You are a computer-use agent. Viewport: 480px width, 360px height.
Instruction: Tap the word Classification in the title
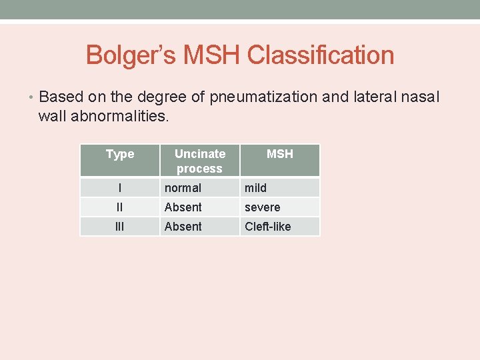tap(320, 55)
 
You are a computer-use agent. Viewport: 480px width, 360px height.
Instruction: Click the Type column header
tap(120, 154)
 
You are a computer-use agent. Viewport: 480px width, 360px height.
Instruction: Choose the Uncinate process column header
tap(199, 161)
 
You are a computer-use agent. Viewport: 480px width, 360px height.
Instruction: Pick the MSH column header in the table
tap(279, 154)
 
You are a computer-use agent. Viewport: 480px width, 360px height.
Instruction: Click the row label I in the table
tap(120, 188)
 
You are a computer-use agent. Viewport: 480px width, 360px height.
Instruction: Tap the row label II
tap(120, 207)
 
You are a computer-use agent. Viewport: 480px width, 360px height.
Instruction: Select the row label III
tap(120, 227)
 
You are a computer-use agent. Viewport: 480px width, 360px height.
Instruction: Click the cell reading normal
tap(183, 188)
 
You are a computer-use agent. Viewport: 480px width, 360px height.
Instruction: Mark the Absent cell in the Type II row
tap(183, 207)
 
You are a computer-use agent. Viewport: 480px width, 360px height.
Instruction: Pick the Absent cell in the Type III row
tap(183, 227)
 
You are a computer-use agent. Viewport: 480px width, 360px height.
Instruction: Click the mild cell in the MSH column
tap(255, 188)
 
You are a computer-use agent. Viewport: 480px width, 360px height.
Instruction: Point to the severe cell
tap(262, 207)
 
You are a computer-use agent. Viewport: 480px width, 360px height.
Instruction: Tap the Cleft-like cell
tap(267, 227)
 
